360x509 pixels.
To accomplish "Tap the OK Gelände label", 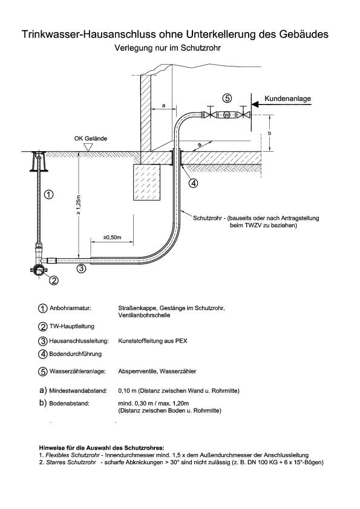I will pos(91,138).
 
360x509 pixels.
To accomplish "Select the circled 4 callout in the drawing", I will pos(192,183).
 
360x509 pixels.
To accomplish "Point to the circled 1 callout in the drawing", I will pos(50,194).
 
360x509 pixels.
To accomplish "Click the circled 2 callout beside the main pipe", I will pos(53,280).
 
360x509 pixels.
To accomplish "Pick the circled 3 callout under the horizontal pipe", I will pos(80,269).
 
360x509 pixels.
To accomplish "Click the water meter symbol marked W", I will pos(227,115).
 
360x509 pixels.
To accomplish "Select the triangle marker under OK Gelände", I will pos(90,147).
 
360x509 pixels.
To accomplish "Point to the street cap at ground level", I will pos(40,155).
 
